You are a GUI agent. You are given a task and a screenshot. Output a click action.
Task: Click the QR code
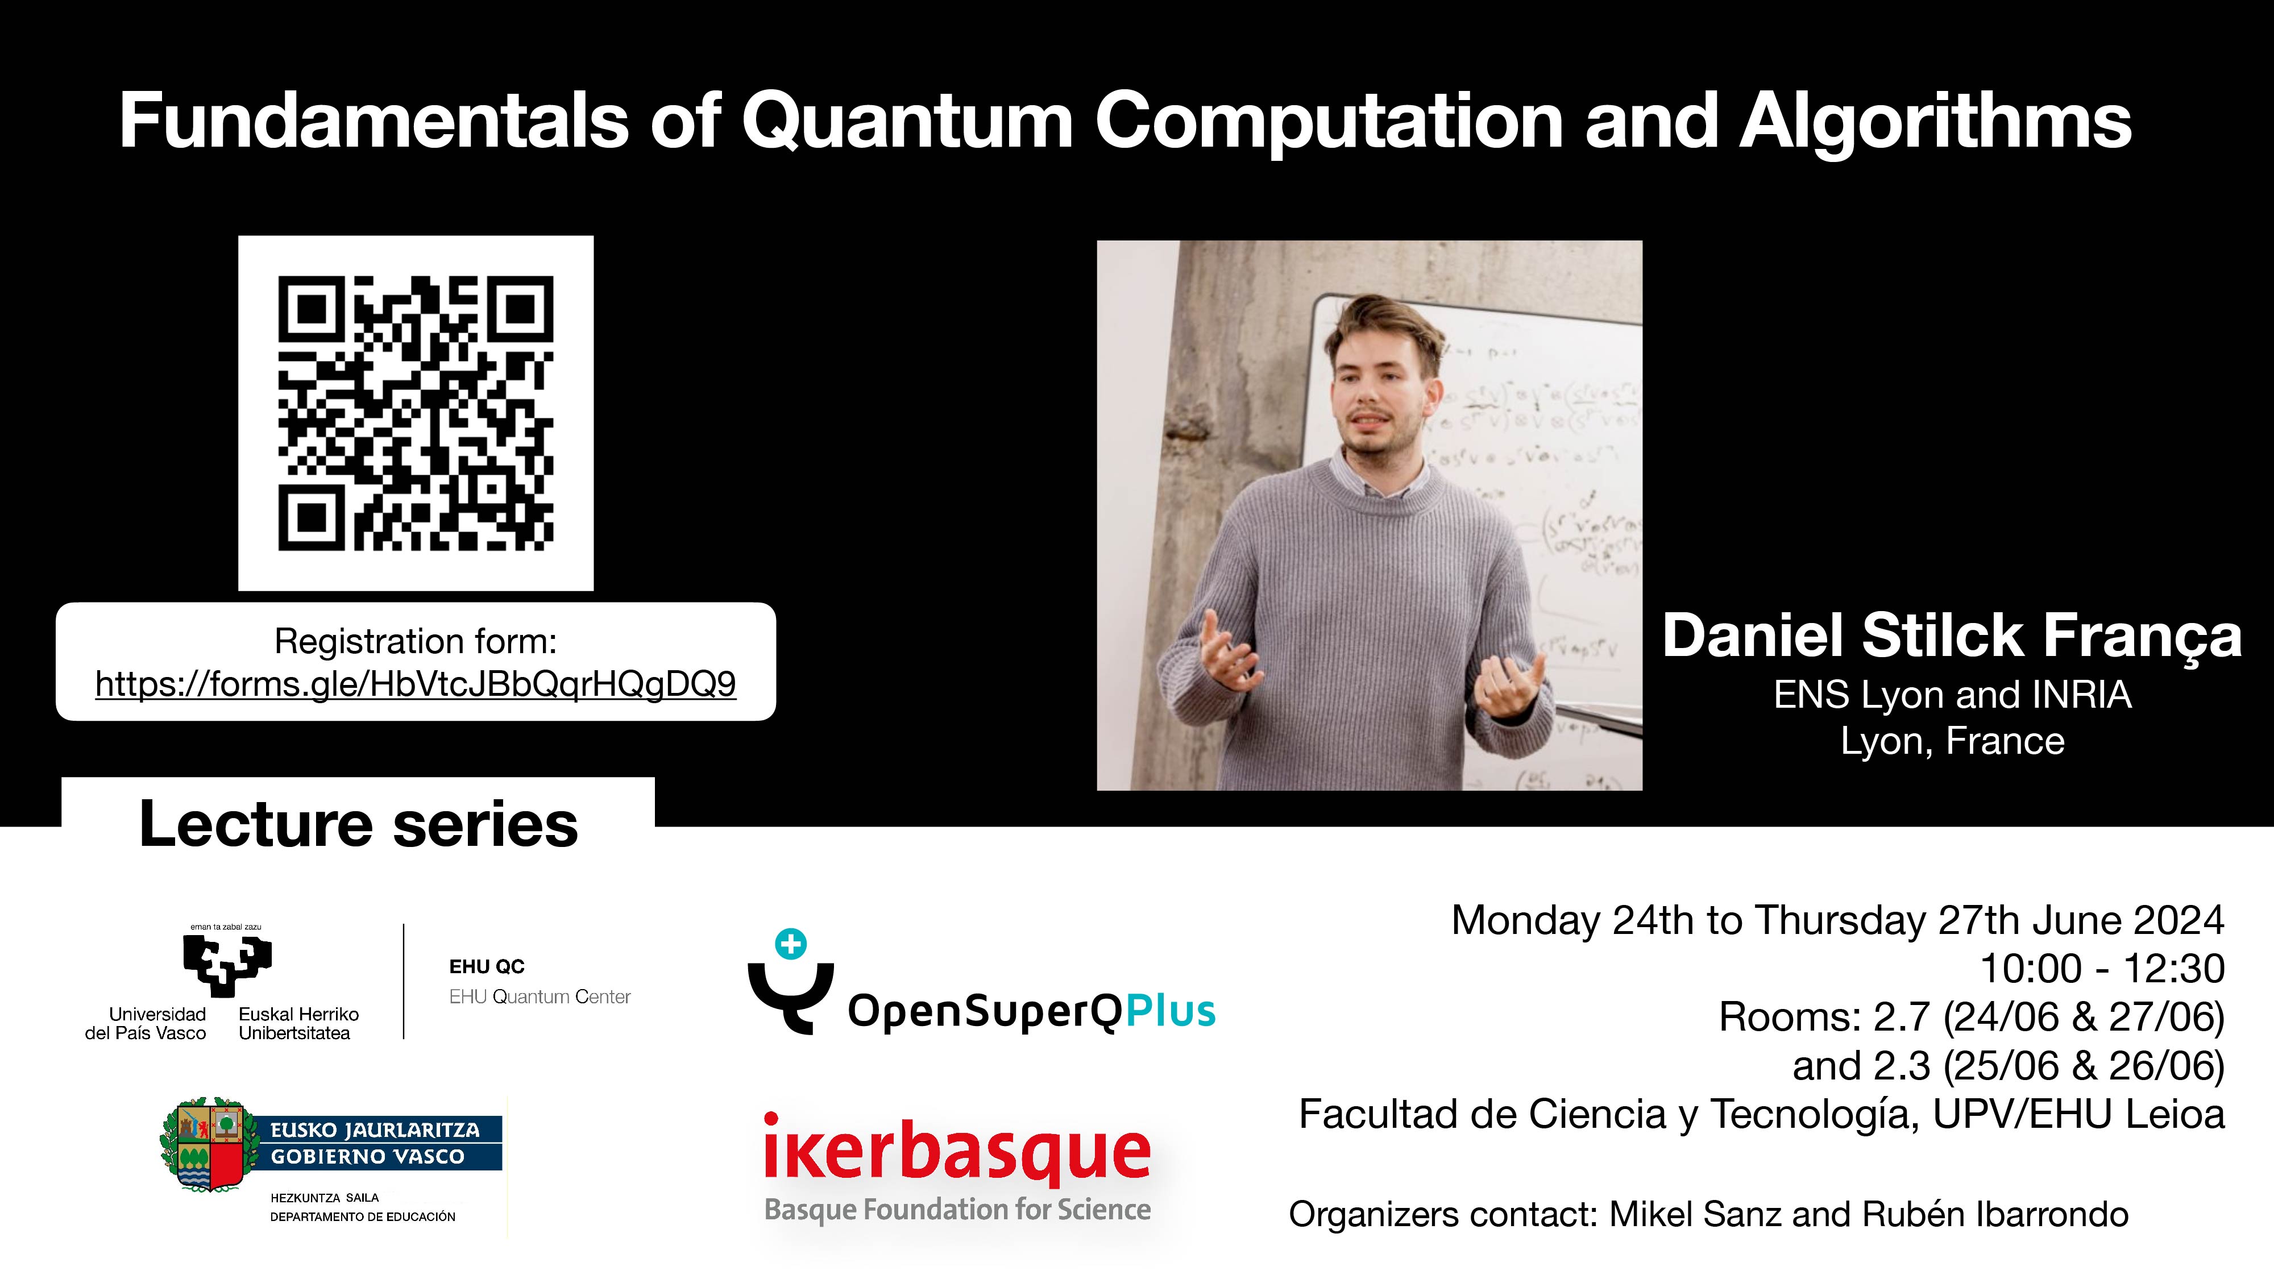tap(416, 413)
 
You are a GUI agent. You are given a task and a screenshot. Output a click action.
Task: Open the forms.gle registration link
tap(415, 684)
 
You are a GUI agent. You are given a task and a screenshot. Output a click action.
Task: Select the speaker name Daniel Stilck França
tap(1952, 636)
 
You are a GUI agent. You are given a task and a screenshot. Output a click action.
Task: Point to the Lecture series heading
tap(358, 824)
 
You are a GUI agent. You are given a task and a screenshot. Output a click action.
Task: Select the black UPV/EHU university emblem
tap(227, 964)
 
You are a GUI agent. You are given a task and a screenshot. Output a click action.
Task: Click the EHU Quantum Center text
tap(540, 996)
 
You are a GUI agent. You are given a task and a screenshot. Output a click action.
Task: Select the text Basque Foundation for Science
tap(957, 1209)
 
